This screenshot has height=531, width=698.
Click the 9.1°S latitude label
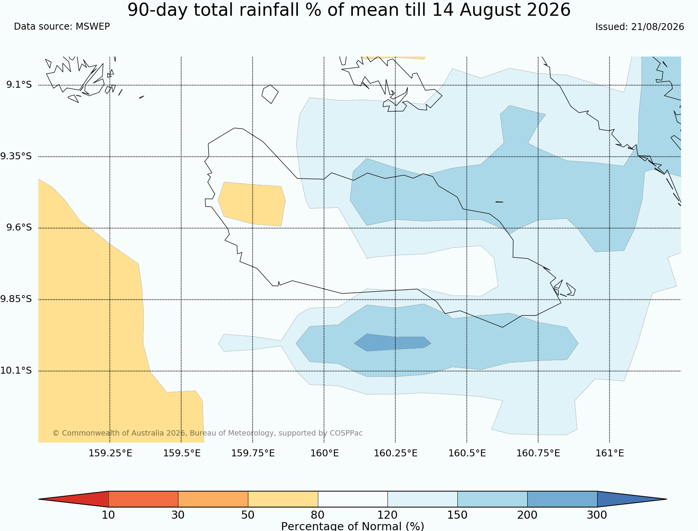coord(19,85)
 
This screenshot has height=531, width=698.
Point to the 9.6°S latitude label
coord(19,228)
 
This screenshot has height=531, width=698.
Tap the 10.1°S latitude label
coord(16,371)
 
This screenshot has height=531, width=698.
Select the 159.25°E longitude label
coord(110,453)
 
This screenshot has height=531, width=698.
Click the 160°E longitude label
coord(324,453)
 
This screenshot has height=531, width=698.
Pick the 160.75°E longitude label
coord(538,453)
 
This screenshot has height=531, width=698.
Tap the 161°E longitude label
coord(610,453)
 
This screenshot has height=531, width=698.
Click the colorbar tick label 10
coord(108,515)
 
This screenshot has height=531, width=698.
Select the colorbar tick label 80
coord(318,515)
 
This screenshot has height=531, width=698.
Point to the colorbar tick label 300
coord(597,515)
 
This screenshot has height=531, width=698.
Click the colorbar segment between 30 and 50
coord(213,499)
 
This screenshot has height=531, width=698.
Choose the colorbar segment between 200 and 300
coord(562,499)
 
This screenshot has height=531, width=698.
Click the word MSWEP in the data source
coord(93,27)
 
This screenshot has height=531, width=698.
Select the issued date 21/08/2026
coord(658,27)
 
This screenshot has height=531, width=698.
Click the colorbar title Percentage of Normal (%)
coord(352,526)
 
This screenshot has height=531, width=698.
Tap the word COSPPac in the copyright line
coord(346,433)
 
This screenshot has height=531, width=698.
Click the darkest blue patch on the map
coord(392,342)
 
